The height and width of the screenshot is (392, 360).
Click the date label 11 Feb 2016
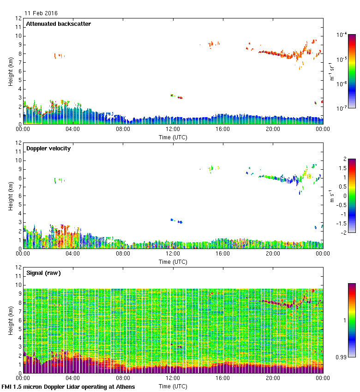[41, 13]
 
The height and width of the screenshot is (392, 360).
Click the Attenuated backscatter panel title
[58, 24]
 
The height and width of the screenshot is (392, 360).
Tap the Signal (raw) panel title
[43, 273]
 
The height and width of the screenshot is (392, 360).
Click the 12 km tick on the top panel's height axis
[19, 18]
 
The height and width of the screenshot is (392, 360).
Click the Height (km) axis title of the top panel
[10, 71]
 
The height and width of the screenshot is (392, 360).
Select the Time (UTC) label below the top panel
[173, 137]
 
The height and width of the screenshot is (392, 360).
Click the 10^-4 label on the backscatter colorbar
[342, 35]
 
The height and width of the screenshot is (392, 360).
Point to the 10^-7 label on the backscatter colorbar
[342, 108]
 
